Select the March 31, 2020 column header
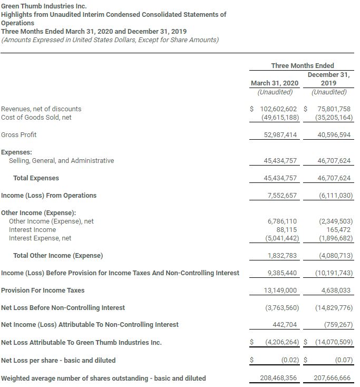274,83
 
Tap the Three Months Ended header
302,65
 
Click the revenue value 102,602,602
278,109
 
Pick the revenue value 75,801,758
330,109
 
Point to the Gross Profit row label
19,134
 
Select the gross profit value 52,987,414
280,135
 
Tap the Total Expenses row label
36,178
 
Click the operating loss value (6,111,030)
335,196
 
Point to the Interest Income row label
32,230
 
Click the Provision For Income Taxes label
43,291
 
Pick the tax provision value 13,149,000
280,291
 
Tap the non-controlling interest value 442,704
285,325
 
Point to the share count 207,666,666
330,379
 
